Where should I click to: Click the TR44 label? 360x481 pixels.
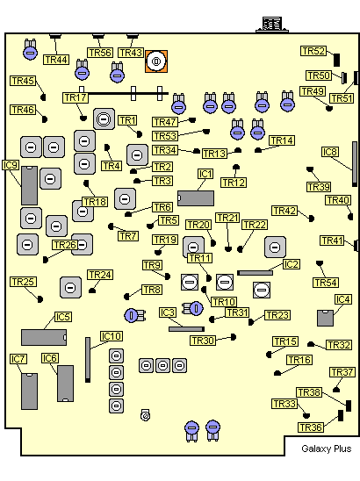point(56,60)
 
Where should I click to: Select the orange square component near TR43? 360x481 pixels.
point(156,61)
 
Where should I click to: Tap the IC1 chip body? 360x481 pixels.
point(196,198)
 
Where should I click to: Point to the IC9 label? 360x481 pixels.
point(11,165)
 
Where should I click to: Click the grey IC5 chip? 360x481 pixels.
point(44,337)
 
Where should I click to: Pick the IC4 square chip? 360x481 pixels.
point(326,318)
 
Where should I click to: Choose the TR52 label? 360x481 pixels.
point(313,51)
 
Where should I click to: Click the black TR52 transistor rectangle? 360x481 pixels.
point(336,60)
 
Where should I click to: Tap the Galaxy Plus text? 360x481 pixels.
point(327,449)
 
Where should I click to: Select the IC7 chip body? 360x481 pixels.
point(30,391)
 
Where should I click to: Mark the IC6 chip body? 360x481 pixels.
point(65,384)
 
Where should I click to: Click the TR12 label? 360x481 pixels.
point(234,183)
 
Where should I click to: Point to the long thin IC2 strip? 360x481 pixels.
point(255,273)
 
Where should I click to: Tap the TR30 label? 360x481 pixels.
point(203,341)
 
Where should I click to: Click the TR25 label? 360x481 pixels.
point(24,282)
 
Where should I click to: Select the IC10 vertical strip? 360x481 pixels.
point(88,360)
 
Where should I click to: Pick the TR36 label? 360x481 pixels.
point(311,427)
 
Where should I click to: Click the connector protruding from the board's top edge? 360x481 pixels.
point(272,25)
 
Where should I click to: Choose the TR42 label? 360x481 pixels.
point(284,211)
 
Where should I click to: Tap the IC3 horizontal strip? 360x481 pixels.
point(187,329)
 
